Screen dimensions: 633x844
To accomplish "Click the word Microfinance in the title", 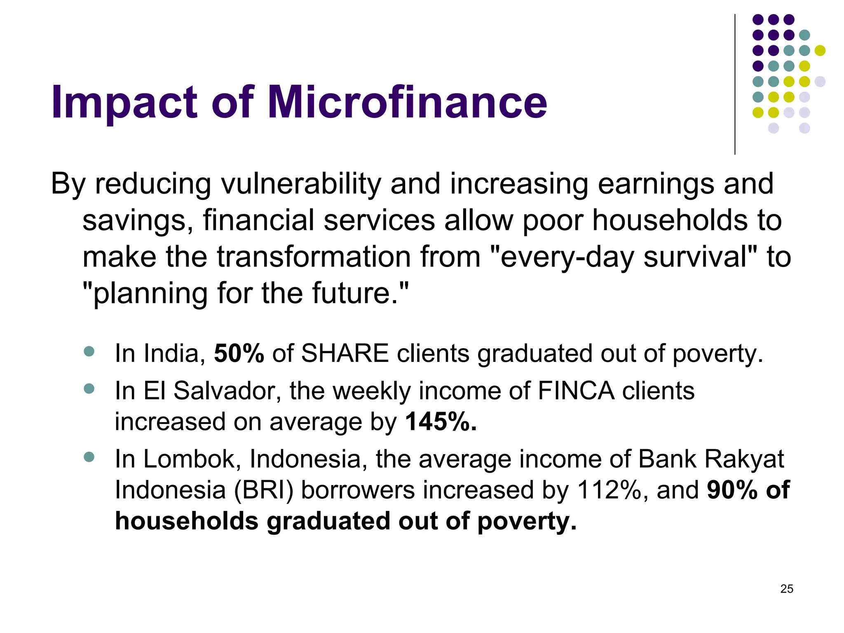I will coord(407,102).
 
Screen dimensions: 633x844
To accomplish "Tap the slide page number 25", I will coord(786,589).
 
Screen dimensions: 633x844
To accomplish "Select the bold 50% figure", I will coord(239,354).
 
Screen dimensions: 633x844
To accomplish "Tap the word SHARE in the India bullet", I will coord(345,354).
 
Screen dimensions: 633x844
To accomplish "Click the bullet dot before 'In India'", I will coord(89,352).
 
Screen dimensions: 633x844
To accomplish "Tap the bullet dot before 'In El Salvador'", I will coord(89,389).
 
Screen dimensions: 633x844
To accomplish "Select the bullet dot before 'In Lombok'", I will coord(89,457).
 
